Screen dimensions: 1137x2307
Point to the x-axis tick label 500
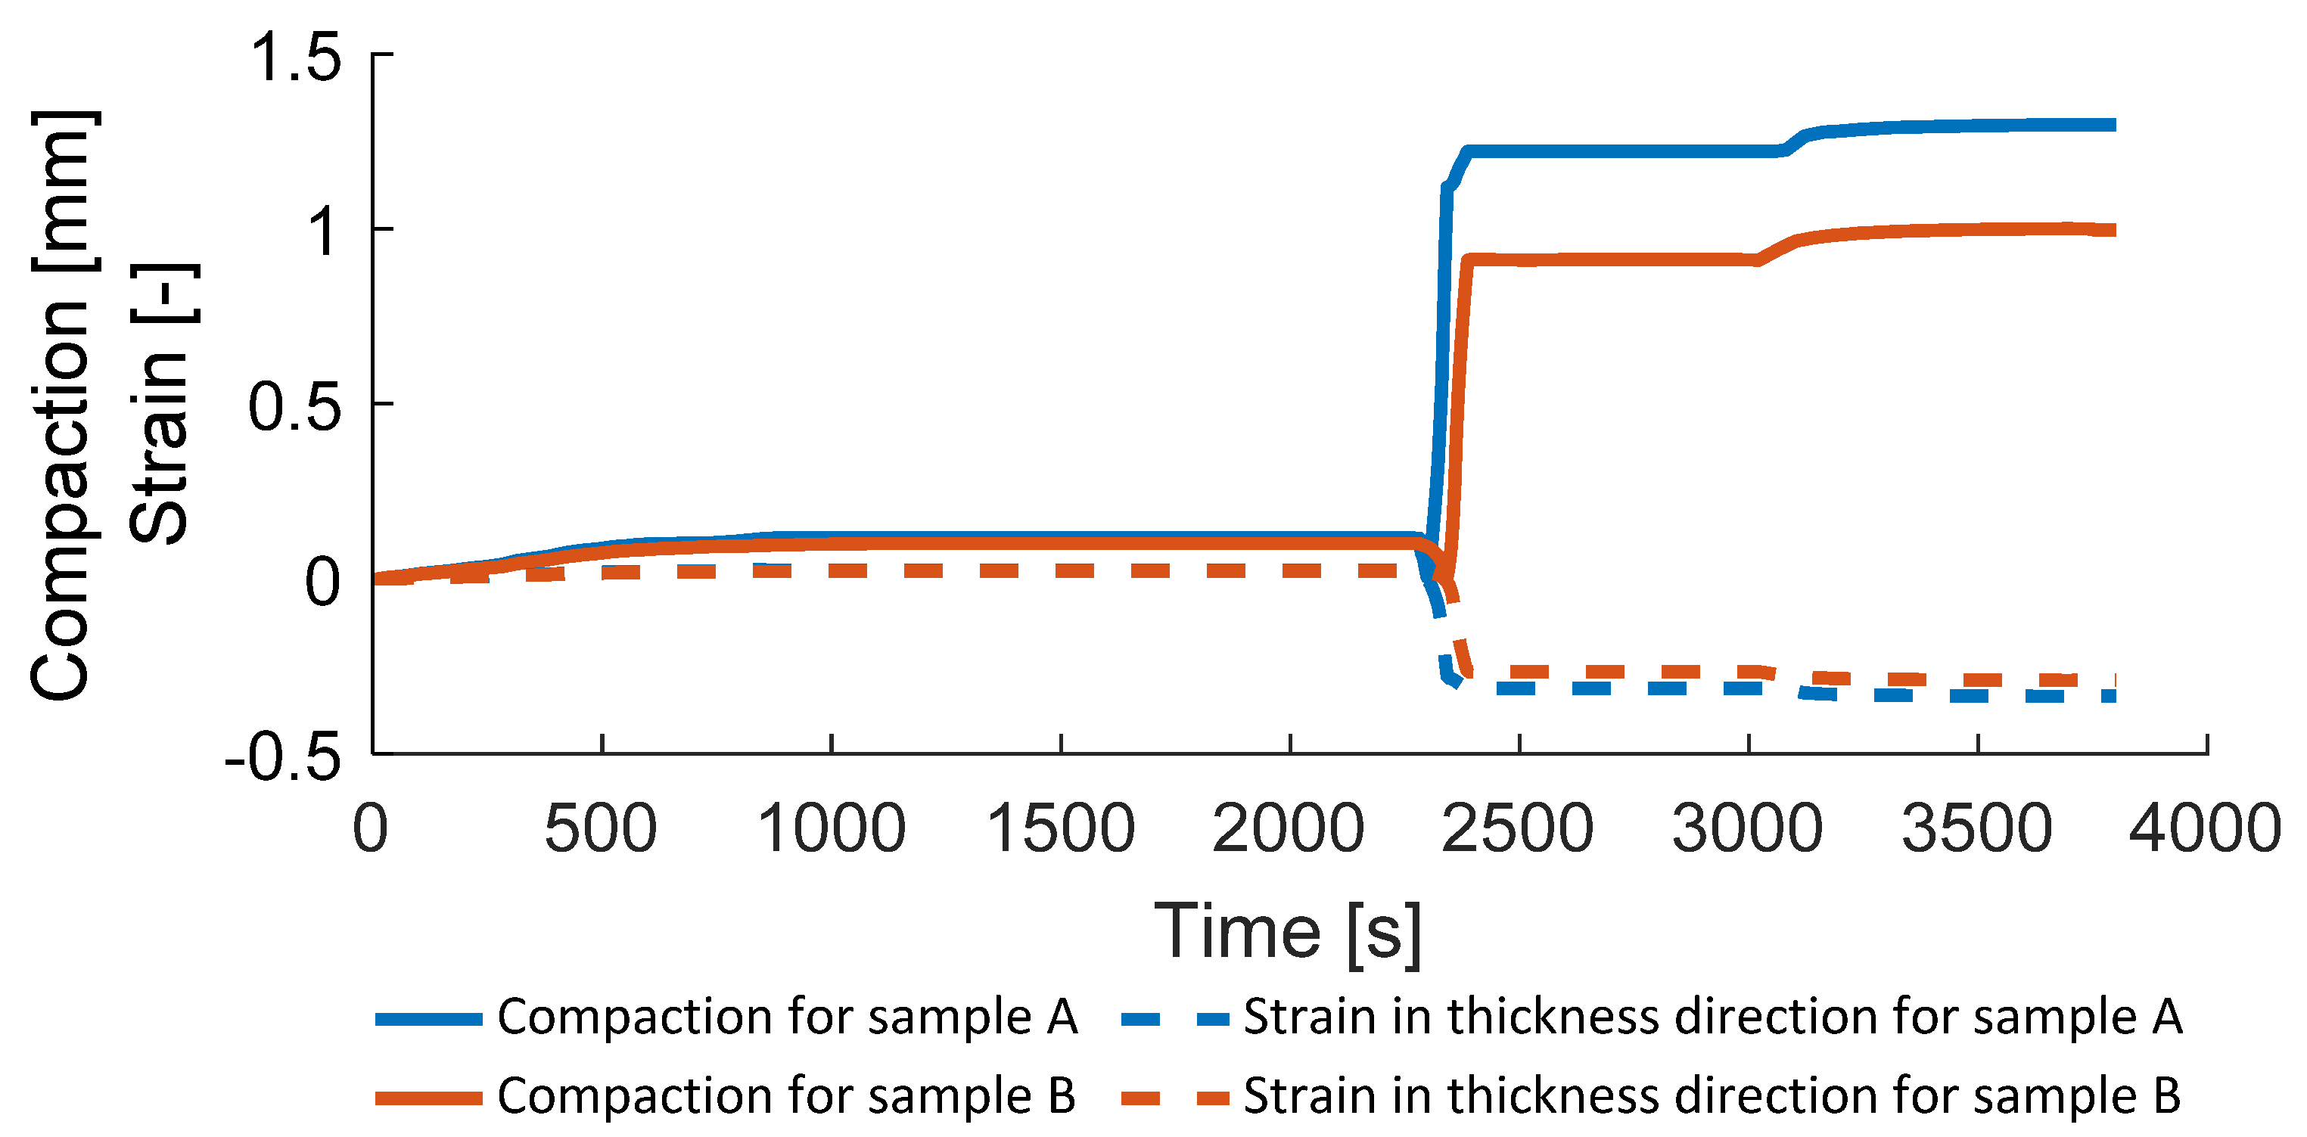[601, 828]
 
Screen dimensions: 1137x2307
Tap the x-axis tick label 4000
[2205, 828]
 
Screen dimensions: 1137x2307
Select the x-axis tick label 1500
[1060, 828]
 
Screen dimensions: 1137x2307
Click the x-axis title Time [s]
[1288, 932]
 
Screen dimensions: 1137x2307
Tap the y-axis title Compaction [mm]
[61, 405]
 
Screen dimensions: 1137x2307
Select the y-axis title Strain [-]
[160, 405]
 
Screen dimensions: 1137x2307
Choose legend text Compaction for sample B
[786, 1096]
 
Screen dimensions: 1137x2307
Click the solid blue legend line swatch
[428, 1019]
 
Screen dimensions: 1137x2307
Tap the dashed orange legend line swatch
[1175, 1098]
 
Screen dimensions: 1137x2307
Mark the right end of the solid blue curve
[2113, 126]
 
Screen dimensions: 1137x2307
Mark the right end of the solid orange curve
[2113, 230]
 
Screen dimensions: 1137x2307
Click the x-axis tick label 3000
[1747, 828]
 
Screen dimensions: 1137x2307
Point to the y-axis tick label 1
[322, 232]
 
